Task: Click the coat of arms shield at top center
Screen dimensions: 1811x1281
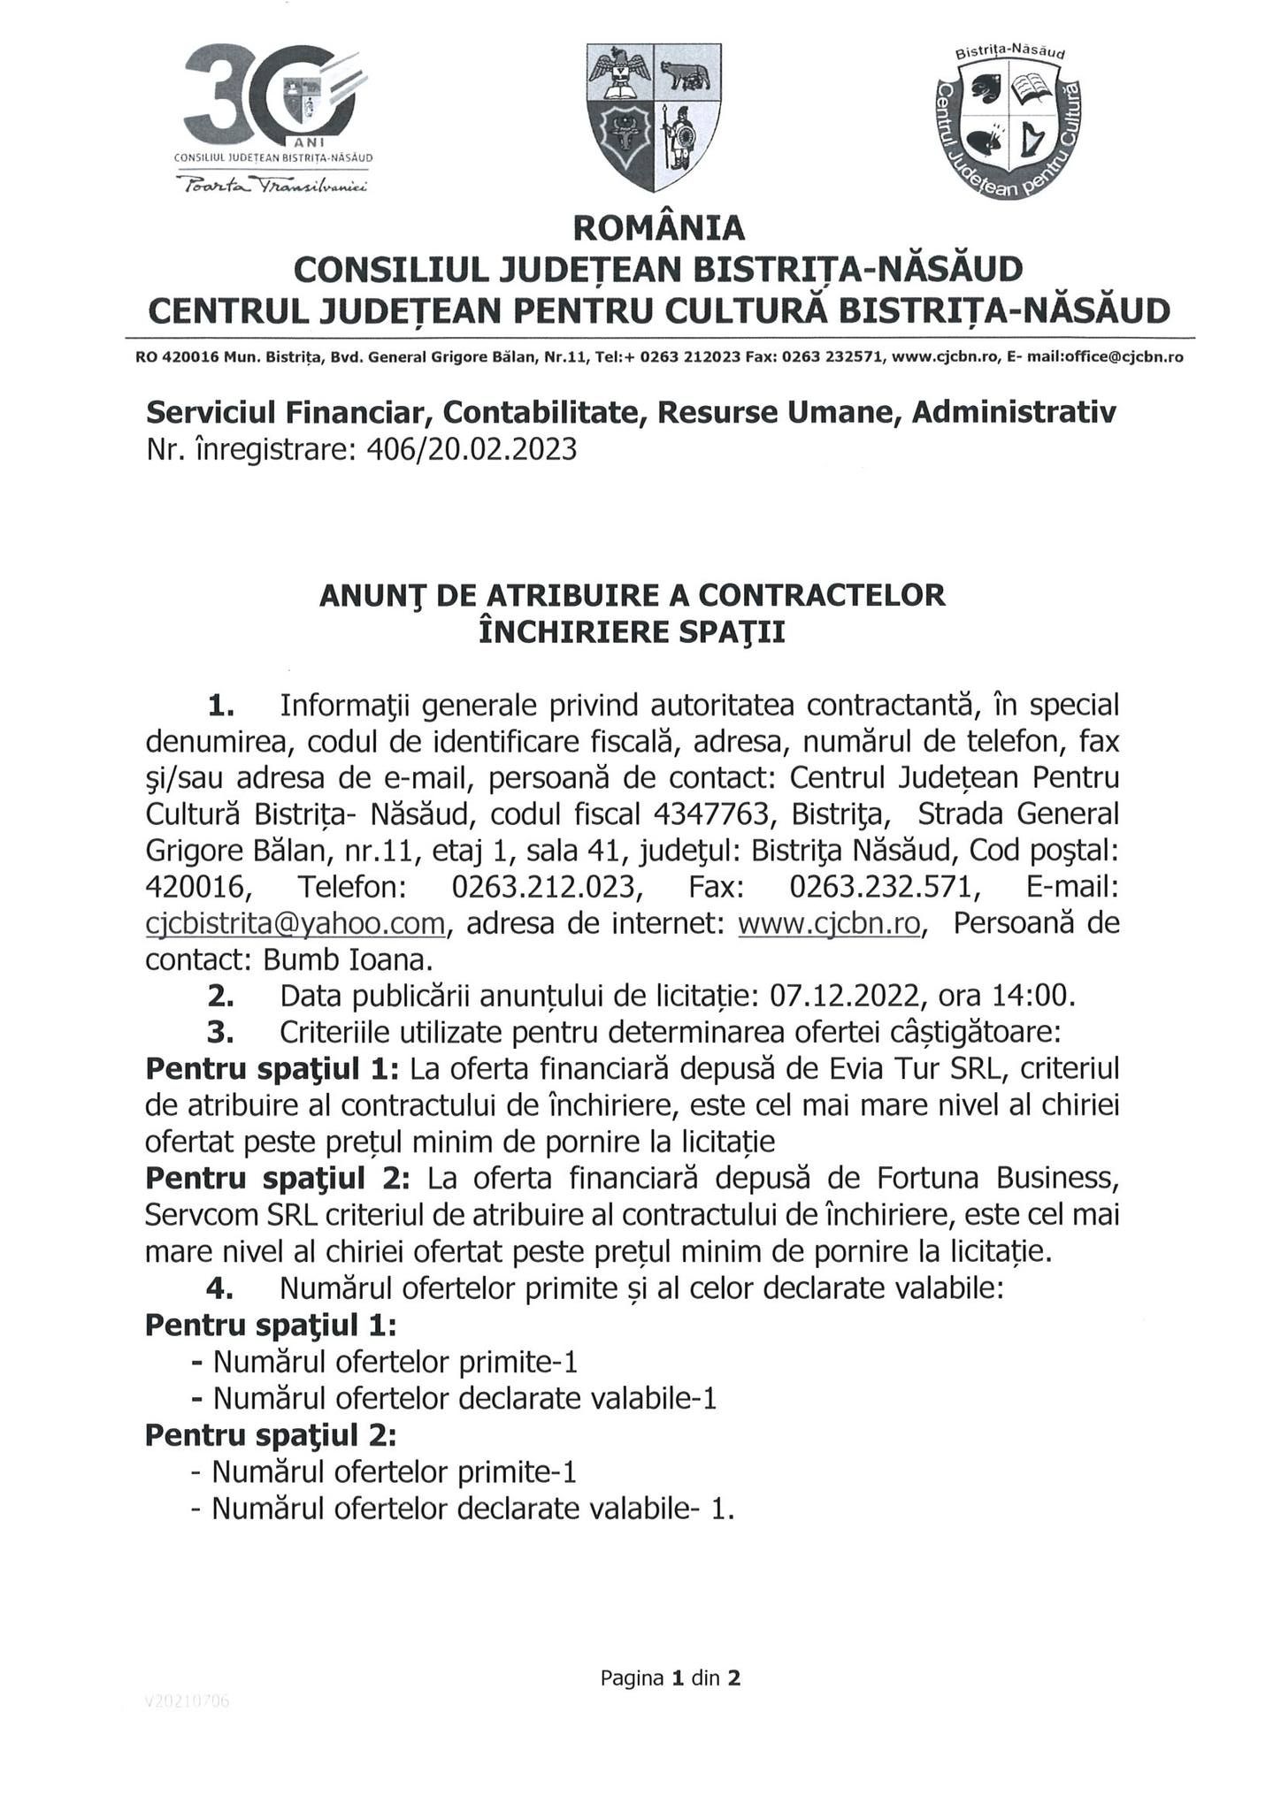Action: coord(654,118)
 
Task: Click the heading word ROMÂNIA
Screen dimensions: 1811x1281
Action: coord(659,228)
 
